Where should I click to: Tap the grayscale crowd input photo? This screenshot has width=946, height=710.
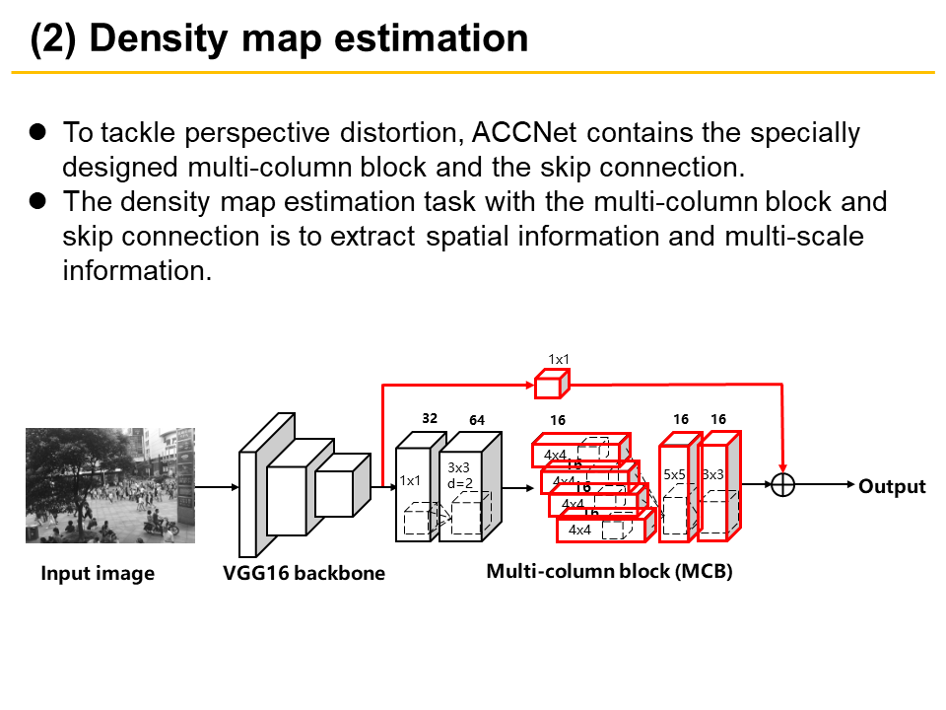point(109,485)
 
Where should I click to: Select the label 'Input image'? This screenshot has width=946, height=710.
point(98,574)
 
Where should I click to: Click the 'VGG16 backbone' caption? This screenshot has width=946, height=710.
point(304,574)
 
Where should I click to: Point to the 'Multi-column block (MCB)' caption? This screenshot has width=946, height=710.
point(609,571)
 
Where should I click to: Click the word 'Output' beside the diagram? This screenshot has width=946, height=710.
point(892,486)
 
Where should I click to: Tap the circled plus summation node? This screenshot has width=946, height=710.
point(783,485)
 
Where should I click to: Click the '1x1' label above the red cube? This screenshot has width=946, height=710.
point(559,359)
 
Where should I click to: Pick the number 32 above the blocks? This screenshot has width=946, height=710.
point(430,418)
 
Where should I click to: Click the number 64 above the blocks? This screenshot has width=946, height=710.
point(477,421)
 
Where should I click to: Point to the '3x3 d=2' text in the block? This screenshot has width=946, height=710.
point(459,475)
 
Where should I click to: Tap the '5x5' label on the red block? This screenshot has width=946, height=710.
point(674,474)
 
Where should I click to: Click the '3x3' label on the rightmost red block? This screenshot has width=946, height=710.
point(713,474)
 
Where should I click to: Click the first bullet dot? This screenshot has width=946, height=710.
point(37,131)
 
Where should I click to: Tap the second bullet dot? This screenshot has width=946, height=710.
point(37,201)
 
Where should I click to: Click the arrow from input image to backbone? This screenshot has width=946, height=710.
point(217,486)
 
